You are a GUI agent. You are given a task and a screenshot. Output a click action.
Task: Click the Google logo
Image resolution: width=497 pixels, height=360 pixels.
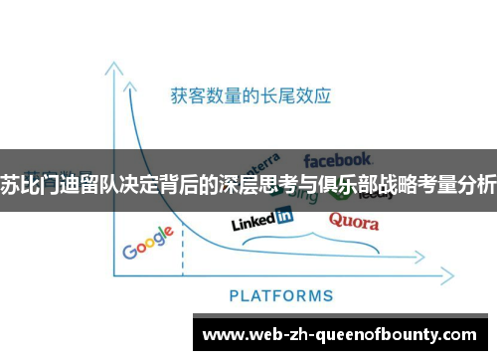(149, 241)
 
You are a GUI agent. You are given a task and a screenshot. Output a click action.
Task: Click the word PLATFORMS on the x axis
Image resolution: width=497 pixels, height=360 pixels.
(281, 294)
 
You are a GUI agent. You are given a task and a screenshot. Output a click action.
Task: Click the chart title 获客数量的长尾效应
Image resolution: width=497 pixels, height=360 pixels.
(250, 97)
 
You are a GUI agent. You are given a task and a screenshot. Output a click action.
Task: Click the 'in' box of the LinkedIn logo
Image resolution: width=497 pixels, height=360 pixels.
(283, 215)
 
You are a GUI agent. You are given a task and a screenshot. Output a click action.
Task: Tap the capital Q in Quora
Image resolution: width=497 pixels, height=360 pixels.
(336, 220)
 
